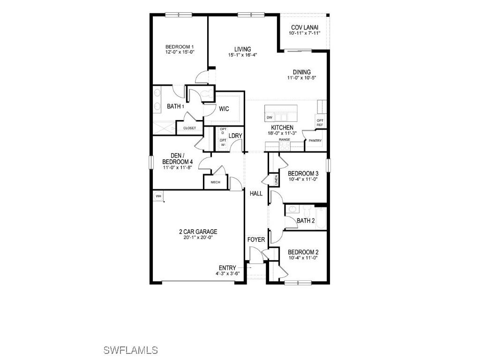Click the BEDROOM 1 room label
[x=180, y=47]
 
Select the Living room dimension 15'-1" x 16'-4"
[x=243, y=55]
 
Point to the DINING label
[x=302, y=72]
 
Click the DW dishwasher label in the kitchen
[x=269, y=117]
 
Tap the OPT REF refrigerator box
[x=320, y=122]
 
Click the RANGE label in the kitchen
[x=284, y=140]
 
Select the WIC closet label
[x=224, y=109]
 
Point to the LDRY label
[x=235, y=136]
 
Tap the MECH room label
[x=215, y=182]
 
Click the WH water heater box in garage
[x=158, y=196]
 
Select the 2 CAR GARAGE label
[x=198, y=232]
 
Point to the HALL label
[x=256, y=193]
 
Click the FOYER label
[x=256, y=240]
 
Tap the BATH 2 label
[x=306, y=220]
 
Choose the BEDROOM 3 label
[x=303, y=173]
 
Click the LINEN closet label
[x=276, y=180]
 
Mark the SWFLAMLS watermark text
[x=130, y=350]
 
